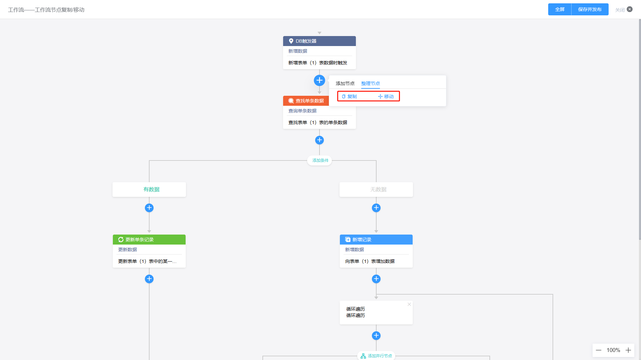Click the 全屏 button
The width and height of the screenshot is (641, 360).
[560, 9]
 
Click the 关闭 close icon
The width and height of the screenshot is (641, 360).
[630, 9]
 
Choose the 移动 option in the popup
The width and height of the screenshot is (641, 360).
[386, 96]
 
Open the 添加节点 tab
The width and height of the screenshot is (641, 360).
[345, 83]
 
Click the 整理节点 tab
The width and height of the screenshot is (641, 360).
[371, 83]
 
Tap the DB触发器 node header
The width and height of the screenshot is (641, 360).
[319, 41]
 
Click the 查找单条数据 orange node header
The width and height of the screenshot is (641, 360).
[306, 101]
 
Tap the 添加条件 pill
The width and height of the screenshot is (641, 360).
[320, 160]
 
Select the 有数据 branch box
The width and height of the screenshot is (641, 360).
[149, 190]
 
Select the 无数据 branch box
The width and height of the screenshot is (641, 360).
[376, 190]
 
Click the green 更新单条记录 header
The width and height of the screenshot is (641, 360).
[149, 240]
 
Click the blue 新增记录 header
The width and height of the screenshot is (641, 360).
[376, 240]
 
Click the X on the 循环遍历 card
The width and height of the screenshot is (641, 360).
[409, 304]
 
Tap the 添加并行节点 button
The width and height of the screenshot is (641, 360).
[376, 356]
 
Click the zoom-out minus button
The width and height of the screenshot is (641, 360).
[599, 350]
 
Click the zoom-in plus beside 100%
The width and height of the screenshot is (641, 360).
[628, 350]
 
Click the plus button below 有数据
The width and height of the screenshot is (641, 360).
[149, 208]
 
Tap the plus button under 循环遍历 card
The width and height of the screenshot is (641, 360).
[376, 336]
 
